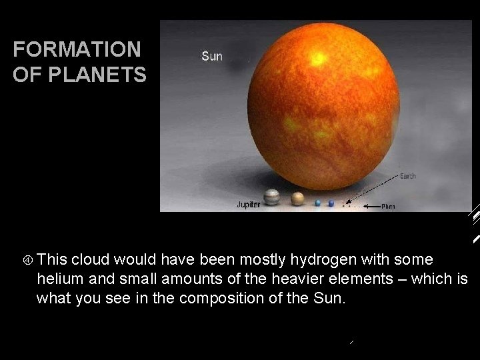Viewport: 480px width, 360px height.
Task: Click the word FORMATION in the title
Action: click(77, 49)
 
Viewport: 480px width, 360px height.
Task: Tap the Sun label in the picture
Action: click(212, 56)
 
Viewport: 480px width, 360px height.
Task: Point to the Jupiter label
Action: click(249, 205)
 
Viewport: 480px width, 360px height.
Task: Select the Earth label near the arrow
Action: click(407, 176)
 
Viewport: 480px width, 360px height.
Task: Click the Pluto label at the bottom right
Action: click(389, 207)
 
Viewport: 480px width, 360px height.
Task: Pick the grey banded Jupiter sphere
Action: click(272, 197)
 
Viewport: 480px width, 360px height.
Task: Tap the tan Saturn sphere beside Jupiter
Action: click(297, 199)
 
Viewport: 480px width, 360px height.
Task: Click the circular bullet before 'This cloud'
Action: click(28, 259)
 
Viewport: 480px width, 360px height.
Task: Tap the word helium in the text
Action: click(59, 279)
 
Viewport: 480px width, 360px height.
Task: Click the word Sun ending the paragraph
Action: click(329, 298)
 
